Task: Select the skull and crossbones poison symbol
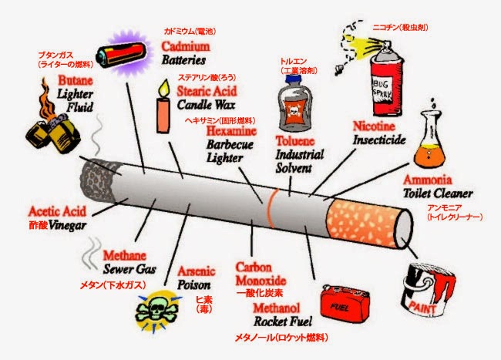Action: click(x=159, y=311)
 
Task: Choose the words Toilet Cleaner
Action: click(x=441, y=194)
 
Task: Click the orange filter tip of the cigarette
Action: click(x=365, y=218)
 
